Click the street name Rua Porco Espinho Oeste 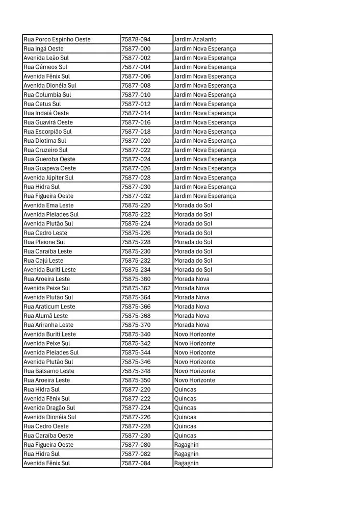[57, 39]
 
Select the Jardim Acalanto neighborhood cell [195, 39]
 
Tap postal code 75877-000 [136, 48]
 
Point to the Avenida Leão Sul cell [46, 58]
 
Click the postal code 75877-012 [136, 104]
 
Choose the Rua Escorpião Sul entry [48, 132]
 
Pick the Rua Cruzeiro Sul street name [45, 150]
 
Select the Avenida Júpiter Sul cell [48, 177]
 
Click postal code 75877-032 [136, 196]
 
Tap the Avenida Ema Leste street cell [48, 205]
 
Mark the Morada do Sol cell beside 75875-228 [193, 242]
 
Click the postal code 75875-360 [136, 279]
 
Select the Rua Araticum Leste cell [49, 307]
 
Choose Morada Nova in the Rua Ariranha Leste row [192, 325]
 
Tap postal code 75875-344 [136, 352]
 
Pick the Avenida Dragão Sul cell [49, 407]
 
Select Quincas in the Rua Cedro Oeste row [185, 426]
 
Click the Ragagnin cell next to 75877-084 [187, 463]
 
